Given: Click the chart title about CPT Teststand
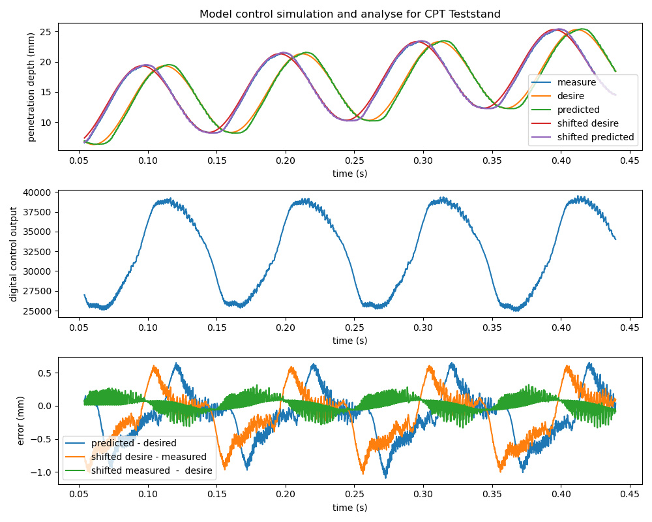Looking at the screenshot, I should [349, 14].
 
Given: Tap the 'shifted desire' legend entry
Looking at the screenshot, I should [587, 123].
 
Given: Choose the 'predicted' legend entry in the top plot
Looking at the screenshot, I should [578, 110].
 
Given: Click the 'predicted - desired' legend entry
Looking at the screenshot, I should [134, 443].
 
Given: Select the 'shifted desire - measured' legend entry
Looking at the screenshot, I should [149, 457].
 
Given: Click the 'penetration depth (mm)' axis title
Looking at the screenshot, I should [31, 87].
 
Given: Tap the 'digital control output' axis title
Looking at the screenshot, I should [14, 254].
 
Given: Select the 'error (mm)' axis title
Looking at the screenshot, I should [22, 421].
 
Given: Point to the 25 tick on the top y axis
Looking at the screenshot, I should [46, 32].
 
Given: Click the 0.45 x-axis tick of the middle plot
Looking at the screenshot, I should [629, 328].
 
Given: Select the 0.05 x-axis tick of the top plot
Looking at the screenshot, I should [79, 161].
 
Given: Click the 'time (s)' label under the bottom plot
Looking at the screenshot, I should [349, 508].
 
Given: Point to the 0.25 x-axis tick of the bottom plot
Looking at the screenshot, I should [354, 495].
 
